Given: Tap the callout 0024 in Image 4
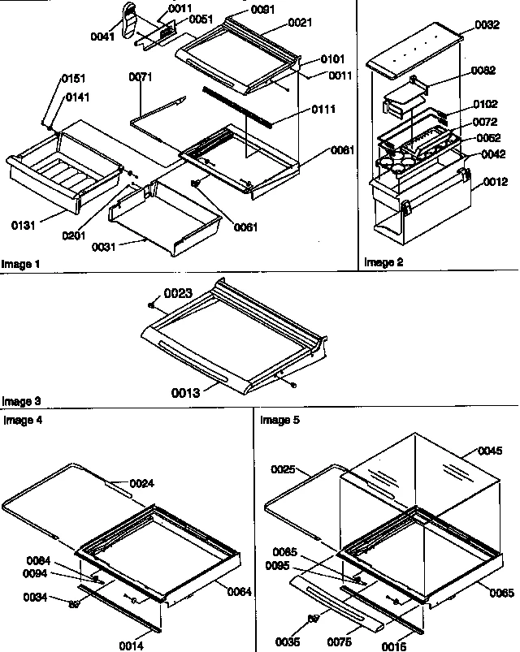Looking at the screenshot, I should coord(141,484).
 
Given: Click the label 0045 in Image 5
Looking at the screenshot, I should coord(490,451).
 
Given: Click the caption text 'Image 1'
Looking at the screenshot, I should coord(20,264).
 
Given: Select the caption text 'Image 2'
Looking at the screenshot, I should coord(383,262).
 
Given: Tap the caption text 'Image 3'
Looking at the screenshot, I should coord(20,400).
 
